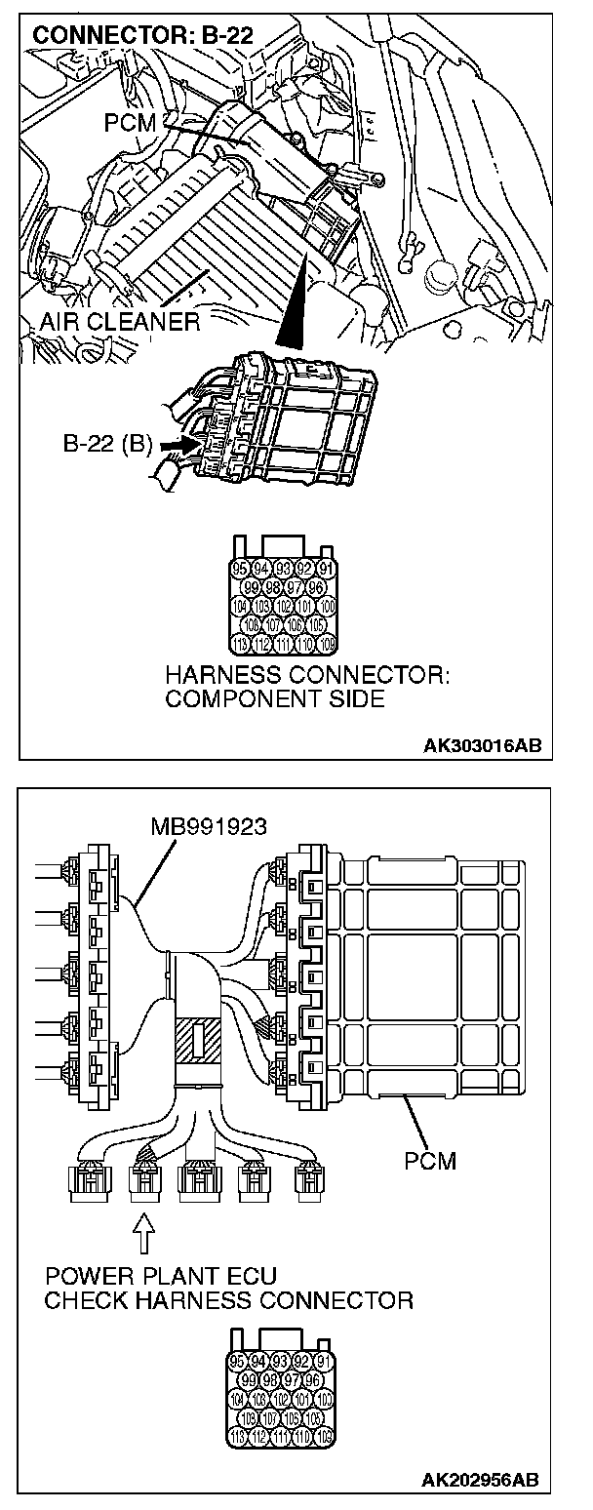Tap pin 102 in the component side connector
284,606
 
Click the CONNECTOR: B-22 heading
143,36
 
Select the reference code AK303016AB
482,746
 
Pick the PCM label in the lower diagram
430,1161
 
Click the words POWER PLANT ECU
160,1277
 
